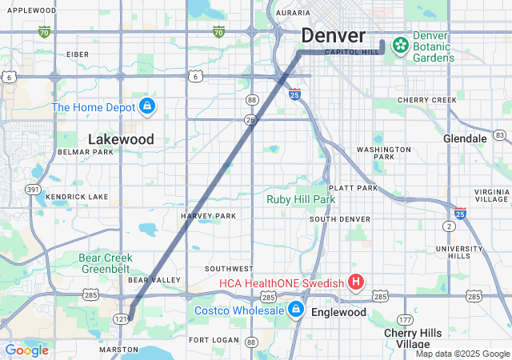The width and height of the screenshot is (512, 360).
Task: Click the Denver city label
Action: (334, 36)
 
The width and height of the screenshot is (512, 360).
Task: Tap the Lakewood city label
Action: (121, 139)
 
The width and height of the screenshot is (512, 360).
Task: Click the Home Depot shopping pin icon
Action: (146, 106)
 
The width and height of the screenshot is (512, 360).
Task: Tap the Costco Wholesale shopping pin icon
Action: (296, 309)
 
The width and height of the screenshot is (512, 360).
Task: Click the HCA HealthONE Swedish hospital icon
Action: (356, 282)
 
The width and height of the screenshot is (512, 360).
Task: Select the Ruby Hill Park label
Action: (301, 199)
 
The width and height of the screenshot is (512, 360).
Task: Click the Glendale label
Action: (465, 138)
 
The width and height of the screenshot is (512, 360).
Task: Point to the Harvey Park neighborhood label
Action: (208, 216)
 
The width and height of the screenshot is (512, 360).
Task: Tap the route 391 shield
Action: (33, 190)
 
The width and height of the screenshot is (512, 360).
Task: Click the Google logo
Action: (26, 350)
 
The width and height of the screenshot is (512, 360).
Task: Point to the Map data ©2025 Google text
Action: (462, 354)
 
